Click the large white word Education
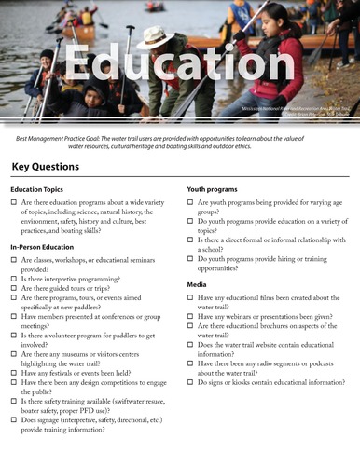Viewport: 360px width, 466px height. [x=179, y=68]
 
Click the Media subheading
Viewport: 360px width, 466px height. [x=197, y=283]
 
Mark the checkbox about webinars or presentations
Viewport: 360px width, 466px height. [x=190, y=317]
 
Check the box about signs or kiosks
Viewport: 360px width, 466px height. [x=190, y=382]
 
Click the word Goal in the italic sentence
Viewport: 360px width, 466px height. [x=108, y=137]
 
